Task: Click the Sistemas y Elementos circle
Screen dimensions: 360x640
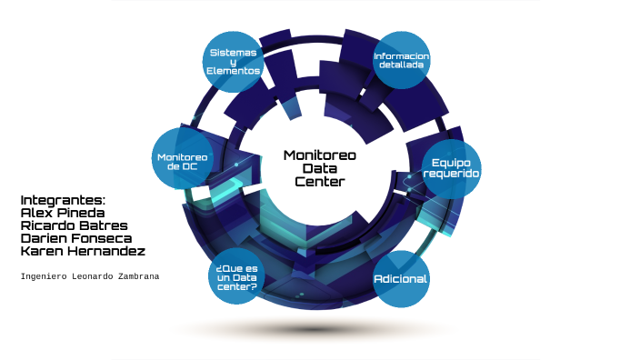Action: click(x=234, y=61)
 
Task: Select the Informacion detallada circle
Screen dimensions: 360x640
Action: click(x=401, y=61)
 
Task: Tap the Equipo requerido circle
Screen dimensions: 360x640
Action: click(x=451, y=167)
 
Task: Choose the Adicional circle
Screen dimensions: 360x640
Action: click(x=401, y=278)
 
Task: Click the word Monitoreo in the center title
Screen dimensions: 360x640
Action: click(x=319, y=155)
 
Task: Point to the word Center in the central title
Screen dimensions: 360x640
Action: click(x=319, y=182)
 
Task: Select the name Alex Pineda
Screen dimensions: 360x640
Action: click(x=63, y=213)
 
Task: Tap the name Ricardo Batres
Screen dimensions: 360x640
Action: click(x=74, y=225)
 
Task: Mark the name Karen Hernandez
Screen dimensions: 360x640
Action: click(x=82, y=251)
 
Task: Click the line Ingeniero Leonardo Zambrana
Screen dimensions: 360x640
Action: click(x=89, y=275)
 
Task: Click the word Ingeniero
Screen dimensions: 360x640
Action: click(x=41, y=275)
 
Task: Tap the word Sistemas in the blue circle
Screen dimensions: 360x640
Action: click(x=234, y=52)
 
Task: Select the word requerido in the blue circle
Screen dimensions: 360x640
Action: click(x=451, y=173)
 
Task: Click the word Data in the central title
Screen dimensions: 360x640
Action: click(x=319, y=168)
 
